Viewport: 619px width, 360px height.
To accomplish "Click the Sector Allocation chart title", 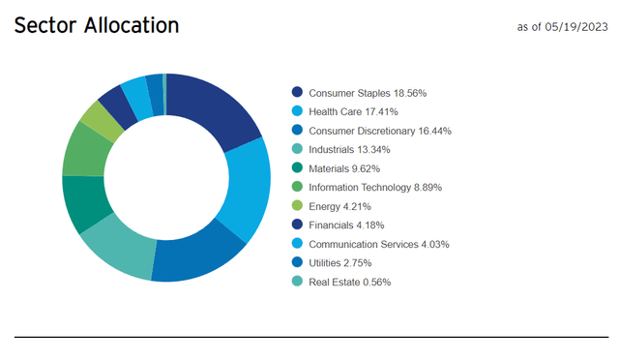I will tap(96, 25).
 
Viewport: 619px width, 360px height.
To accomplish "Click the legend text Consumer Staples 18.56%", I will tap(367, 93).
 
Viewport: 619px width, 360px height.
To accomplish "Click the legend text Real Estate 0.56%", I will tap(350, 282).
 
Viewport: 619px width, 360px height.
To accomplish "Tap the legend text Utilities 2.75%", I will tap(346, 263).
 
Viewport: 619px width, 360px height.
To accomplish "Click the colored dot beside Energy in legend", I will tap(297, 206).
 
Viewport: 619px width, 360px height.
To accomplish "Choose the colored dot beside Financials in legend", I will tap(297, 225).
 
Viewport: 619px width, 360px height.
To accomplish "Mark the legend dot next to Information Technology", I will tap(297, 187).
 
